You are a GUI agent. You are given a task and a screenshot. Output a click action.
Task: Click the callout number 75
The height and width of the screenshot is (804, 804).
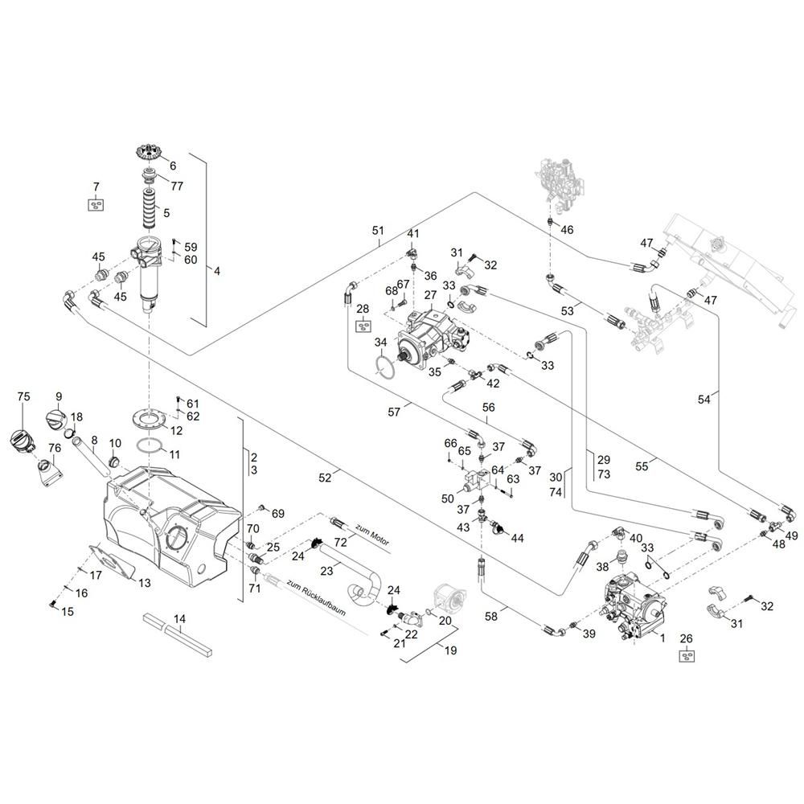pyautogui.click(x=23, y=396)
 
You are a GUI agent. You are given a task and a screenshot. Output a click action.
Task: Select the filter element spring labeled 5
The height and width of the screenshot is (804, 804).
pyautogui.click(x=150, y=209)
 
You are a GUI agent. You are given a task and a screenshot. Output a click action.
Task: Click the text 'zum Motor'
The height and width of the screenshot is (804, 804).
pyautogui.click(x=372, y=535)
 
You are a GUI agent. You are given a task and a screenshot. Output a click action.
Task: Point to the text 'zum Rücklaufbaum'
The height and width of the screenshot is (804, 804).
pyautogui.click(x=316, y=598)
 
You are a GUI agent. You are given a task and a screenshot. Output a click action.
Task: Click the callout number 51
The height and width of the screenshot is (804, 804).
pyautogui.click(x=378, y=230)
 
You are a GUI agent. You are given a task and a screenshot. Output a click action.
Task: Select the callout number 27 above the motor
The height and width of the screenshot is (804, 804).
pyautogui.click(x=430, y=295)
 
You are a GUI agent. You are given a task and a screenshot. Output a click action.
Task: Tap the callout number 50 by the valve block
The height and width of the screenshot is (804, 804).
pyautogui.click(x=448, y=498)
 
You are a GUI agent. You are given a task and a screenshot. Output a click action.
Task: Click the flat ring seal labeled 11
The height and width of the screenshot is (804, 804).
pyautogui.click(x=150, y=446)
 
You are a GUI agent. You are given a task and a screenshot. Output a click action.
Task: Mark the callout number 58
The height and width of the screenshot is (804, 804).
pyautogui.click(x=491, y=616)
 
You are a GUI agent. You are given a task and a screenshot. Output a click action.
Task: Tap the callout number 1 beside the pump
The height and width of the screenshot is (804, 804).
pyautogui.click(x=662, y=638)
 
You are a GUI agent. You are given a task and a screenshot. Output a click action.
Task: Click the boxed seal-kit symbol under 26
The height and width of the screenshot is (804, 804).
pyautogui.click(x=687, y=655)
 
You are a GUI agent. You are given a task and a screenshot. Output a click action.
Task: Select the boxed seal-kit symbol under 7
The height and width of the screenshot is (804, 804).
pyautogui.click(x=96, y=204)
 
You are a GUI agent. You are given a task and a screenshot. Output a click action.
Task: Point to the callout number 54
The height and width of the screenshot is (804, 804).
pyautogui.click(x=704, y=399)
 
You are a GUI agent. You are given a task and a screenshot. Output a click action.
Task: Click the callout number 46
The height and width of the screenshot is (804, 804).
pyautogui.click(x=567, y=230)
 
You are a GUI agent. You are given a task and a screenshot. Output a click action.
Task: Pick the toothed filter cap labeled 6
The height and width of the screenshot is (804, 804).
pyautogui.click(x=149, y=152)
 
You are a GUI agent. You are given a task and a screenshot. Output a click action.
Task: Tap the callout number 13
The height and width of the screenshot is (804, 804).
pyautogui.click(x=145, y=583)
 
